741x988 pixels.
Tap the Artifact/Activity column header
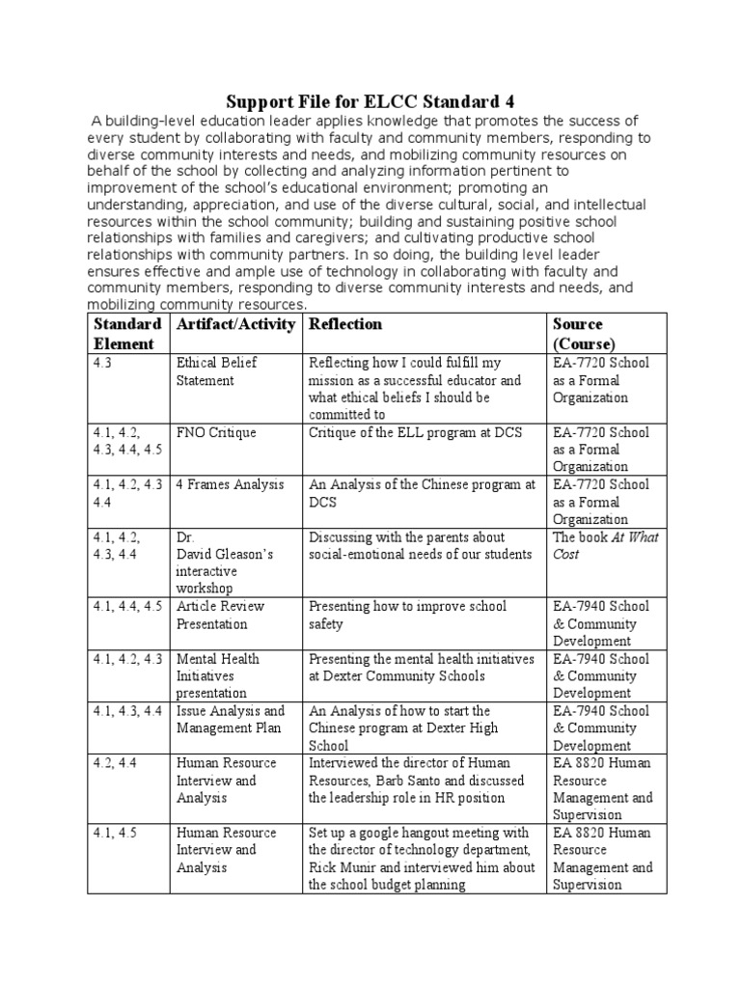(x=235, y=324)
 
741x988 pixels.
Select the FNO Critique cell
(x=215, y=432)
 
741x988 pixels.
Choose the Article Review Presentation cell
(x=220, y=615)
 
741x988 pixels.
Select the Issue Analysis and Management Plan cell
(x=230, y=720)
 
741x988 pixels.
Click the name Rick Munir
(x=340, y=867)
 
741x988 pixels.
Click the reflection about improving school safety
(x=407, y=615)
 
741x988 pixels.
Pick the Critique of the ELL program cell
(x=415, y=432)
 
